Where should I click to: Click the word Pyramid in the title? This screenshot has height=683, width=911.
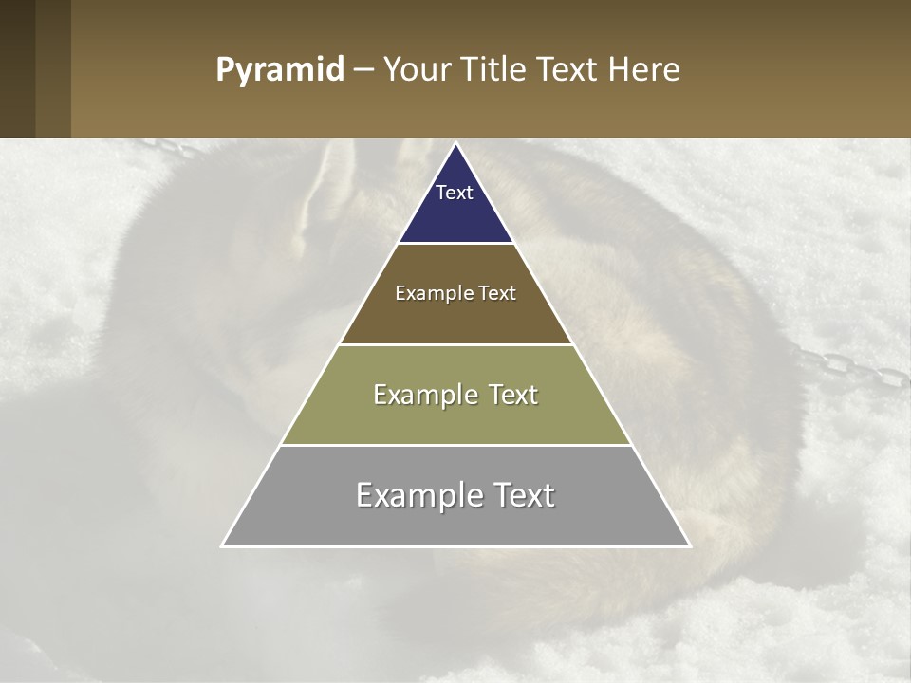coord(280,70)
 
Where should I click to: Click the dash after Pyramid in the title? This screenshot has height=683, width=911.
coord(363,71)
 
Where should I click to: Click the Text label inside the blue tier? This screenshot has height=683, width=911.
coord(455,193)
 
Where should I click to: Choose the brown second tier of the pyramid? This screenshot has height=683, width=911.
coord(455,318)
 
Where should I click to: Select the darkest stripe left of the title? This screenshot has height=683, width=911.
coord(17,68)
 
